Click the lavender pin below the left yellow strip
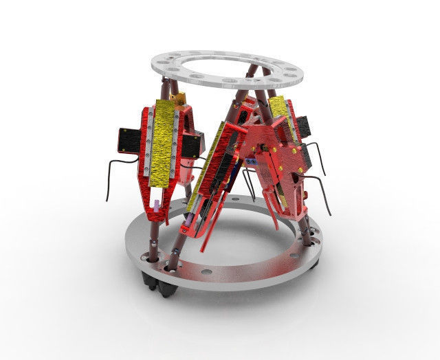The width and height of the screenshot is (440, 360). (x=157, y=205)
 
